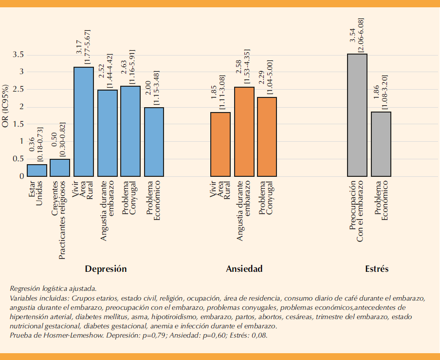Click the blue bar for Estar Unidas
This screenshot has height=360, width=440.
(x=37, y=171)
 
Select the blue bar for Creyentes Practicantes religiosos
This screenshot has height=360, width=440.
(x=60, y=168)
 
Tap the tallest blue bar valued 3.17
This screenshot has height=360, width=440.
(x=83, y=122)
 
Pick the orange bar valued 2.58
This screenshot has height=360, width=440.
(x=244, y=132)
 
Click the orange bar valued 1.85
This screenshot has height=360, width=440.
(x=220, y=144)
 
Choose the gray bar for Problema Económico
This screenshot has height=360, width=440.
(x=381, y=144)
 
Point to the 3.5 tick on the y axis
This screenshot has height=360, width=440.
(x=18, y=55)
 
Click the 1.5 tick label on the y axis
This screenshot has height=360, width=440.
(x=18, y=124)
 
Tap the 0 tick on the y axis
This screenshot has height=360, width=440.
(x=21, y=176)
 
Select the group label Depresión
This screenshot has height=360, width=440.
(x=106, y=269)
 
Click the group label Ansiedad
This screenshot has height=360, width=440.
(x=244, y=269)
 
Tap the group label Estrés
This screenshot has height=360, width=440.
(x=377, y=269)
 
